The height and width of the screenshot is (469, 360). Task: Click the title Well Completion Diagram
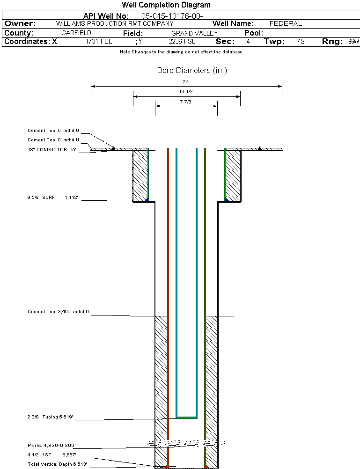[166, 5]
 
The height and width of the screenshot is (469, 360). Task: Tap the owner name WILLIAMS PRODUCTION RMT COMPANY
[114, 23]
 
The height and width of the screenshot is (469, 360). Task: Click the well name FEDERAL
[286, 23]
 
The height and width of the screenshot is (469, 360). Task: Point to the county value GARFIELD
[76, 33]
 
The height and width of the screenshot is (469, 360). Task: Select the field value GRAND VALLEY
[194, 33]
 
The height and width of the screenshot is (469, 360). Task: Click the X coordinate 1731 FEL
[99, 42]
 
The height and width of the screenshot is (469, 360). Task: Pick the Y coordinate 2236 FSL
[182, 42]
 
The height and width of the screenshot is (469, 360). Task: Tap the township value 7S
[301, 42]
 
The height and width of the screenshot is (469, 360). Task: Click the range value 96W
[353, 42]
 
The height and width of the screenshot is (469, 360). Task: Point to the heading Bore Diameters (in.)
[192, 71]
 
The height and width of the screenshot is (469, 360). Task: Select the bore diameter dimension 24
[186, 82]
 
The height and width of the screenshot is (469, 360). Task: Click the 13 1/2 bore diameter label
[186, 92]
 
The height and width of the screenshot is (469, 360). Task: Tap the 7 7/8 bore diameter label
[186, 101]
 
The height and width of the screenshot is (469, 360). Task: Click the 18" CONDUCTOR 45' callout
[52, 150]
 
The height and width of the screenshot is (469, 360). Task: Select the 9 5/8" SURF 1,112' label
[52, 198]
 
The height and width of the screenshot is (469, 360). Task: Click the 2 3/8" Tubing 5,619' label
[50, 417]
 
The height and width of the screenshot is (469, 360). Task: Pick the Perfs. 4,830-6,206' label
[51, 445]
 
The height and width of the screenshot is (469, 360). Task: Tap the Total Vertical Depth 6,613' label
[57, 464]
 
